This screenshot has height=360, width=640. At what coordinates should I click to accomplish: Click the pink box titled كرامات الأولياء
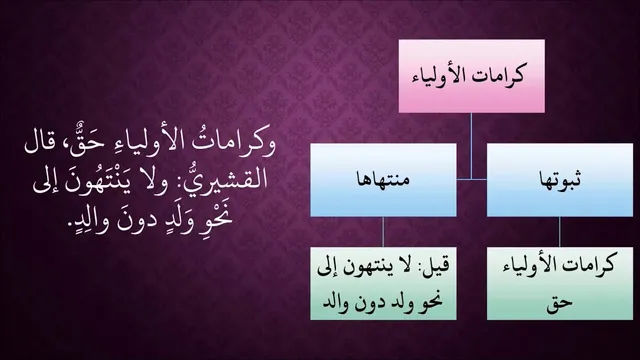(x=471, y=76)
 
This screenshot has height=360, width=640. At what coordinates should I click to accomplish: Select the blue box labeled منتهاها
(x=383, y=180)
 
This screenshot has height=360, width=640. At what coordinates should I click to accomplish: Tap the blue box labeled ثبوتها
(x=560, y=180)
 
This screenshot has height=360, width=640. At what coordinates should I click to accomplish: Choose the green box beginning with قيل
(x=383, y=283)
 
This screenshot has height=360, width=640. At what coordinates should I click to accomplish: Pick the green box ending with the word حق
(x=560, y=283)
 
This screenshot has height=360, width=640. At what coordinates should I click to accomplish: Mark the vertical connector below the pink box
(x=471, y=146)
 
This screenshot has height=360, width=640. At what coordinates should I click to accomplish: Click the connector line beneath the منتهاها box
(x=383, y=231)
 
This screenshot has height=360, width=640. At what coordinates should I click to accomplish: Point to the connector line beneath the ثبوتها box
(x=560, y=231)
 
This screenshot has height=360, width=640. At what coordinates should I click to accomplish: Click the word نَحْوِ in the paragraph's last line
(x=215, y=216)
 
